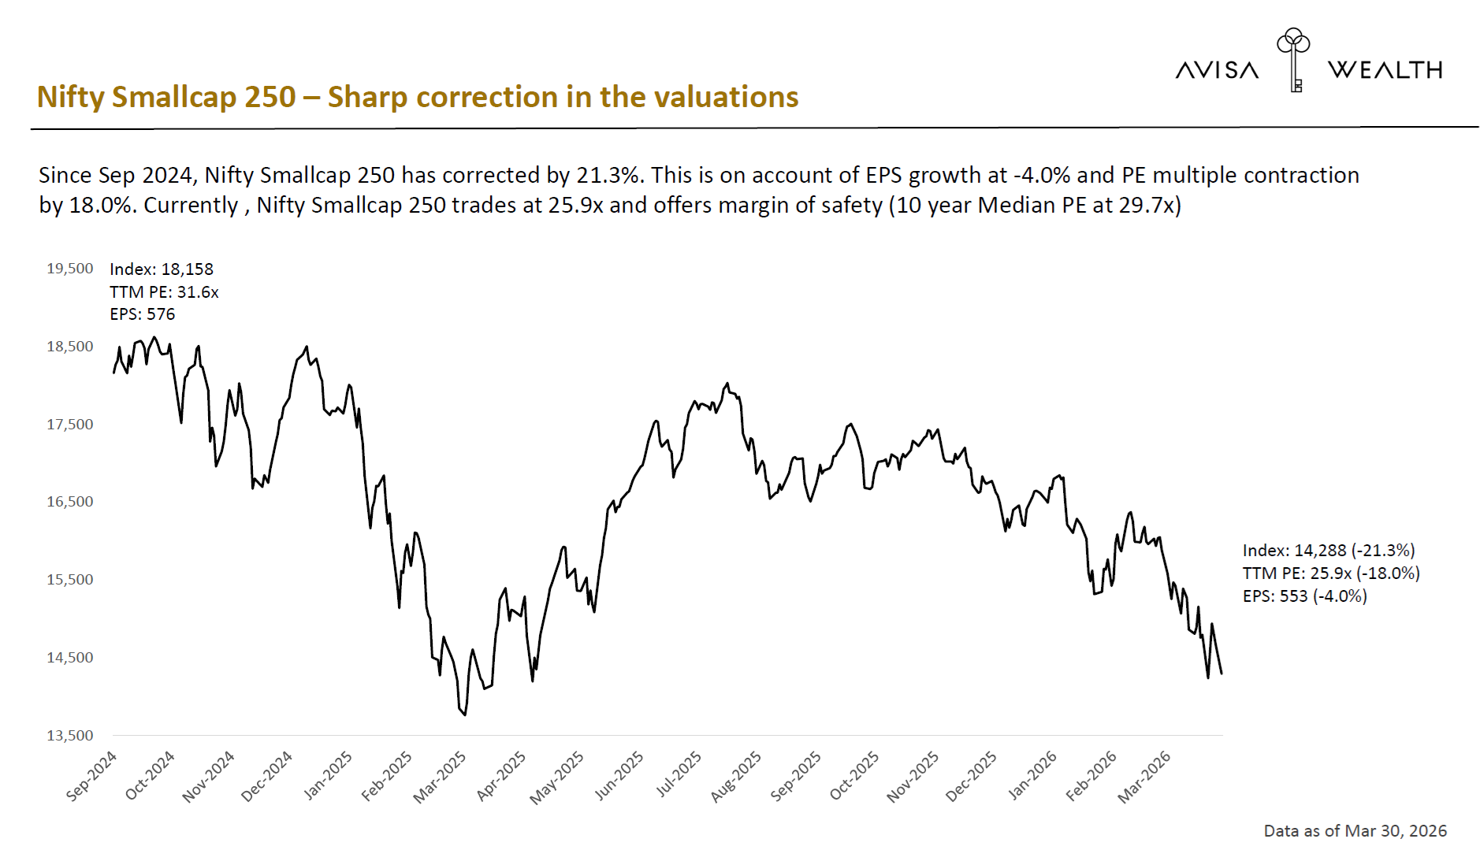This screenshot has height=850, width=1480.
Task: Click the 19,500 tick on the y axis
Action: (x=69, y=269)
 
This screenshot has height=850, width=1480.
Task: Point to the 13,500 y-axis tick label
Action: (x=69, y=736)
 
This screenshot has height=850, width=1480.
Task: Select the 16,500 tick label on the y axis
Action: (x=69, y=502)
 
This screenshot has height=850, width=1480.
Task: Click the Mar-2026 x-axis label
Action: (x=1145, y=776)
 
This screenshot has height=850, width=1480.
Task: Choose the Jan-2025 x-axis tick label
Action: (x=328, y=775)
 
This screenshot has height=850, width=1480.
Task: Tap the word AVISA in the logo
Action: (x=1217, y=70)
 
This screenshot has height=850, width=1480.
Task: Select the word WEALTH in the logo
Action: (x=1385, y=70)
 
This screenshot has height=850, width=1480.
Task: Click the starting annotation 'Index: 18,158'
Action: (x=162, y=269)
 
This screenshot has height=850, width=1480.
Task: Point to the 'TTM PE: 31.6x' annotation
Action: (x=164, y=292)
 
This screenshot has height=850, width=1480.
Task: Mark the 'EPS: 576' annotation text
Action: (x=143, y=314)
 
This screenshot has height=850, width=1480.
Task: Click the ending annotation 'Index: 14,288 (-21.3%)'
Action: (x=1329, y=551)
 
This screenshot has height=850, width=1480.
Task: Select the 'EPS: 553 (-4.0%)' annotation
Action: (x=1305, y=596)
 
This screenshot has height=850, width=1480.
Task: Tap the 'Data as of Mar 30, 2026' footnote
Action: (x=1355, y=830)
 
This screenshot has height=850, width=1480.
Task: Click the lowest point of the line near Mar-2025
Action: (x=464, y=715)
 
